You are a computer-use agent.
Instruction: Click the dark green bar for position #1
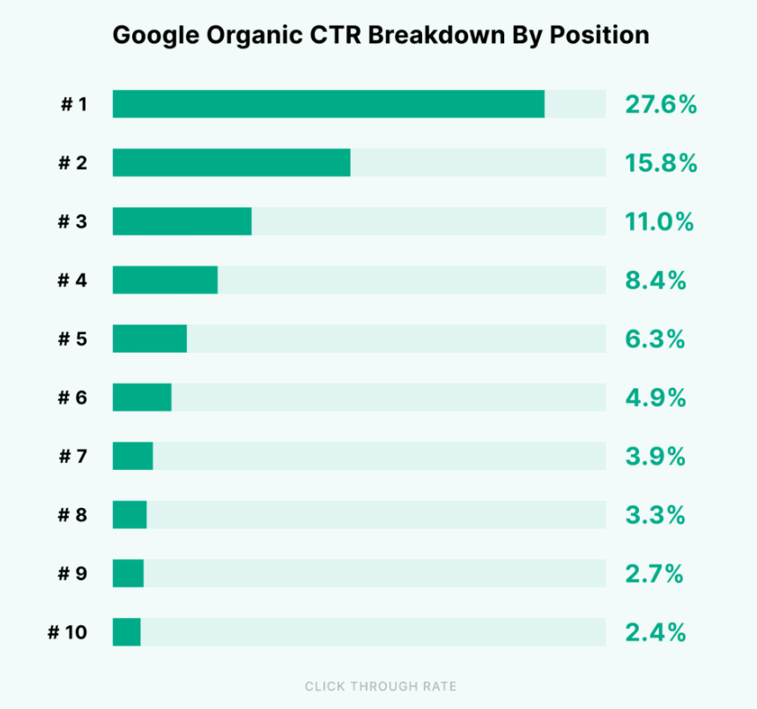pos(328,104)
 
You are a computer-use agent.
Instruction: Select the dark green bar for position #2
pos(231,163)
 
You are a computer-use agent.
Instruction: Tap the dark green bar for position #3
pos(182,221)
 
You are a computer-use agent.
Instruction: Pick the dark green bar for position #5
pos(149,339)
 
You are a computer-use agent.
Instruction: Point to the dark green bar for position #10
pos(126,632)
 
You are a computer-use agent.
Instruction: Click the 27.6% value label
pos(661,104)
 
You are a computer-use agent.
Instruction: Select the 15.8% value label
pos(661,163)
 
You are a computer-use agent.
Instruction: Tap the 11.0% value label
pos(659,221)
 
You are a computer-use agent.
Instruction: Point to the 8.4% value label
pos(655,280)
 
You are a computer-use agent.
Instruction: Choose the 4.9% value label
pos(655,398)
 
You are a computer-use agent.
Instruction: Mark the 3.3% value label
pos(655,515)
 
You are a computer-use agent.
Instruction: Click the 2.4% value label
pos(655,632)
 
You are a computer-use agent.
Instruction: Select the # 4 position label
pos(73,280)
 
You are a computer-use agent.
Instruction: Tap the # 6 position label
pos(73,398)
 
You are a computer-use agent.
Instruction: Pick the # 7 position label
pos(73,457)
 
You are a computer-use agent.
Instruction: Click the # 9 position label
pos(73,574)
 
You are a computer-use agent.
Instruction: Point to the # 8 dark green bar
pos(130,515)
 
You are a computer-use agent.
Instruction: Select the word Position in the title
pos(599,36)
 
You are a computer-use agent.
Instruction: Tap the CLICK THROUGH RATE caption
pos(381,686)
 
